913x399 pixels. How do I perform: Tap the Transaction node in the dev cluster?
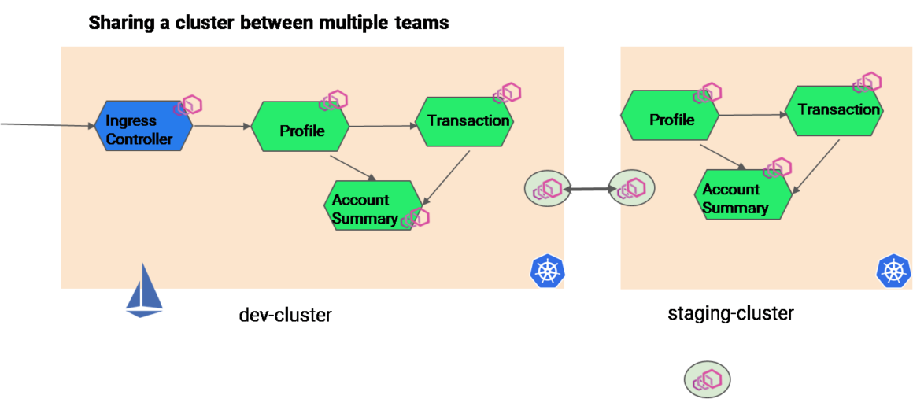pyautogui.click(x=464, y=121)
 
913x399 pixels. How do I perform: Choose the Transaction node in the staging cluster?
pyautogui.click(x=834, y=111)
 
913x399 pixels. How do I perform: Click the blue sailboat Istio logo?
pyautogui.click(x=144, y=291)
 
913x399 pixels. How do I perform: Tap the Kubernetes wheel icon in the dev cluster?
pyautogui.click(x=548, y=271)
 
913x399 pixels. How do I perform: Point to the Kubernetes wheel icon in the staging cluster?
pyautogui.click(x=893, y=271)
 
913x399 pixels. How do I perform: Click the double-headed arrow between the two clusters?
pyautogui.click(x=590, y=190)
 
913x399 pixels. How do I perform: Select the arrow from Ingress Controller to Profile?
pyautogui.click(x=222, y=126)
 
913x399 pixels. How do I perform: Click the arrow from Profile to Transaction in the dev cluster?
pyautogui.click(x=381, y=126)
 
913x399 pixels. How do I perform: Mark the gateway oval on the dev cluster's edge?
pyautogui.click(x=547, y=190)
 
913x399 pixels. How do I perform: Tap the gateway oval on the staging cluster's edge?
pyautogui.click(x=632, y=189)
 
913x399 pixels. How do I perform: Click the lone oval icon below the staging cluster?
pyautogui.click(x=707, y=379)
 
